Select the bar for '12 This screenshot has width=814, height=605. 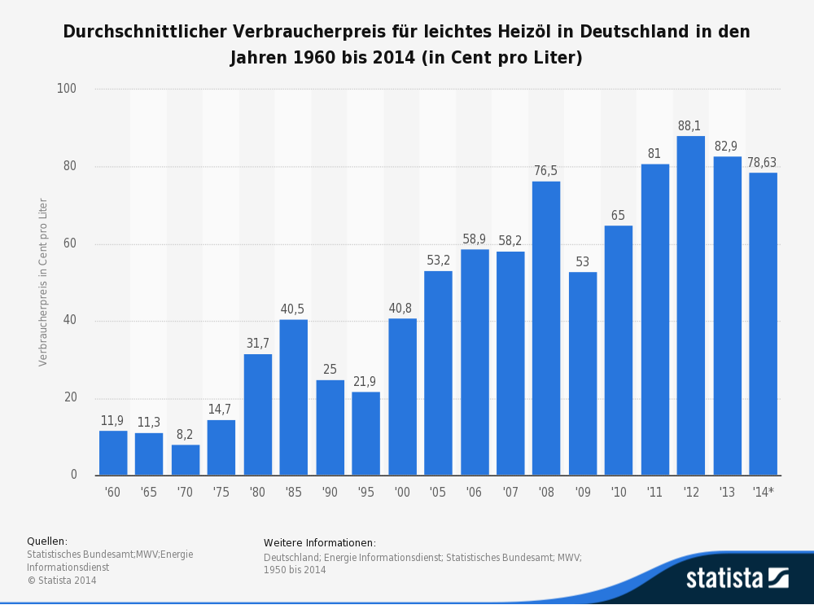coord(690,305)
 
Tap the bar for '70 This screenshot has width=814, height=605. coord(186,460)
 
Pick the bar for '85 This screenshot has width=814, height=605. coord(294,397)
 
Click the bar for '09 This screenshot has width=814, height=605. coord(582,374)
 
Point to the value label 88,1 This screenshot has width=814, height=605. coord(689,126)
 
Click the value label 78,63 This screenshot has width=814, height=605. coord(763,163)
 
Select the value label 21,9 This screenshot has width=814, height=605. coord(365,382)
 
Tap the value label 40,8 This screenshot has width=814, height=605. coord(402,309)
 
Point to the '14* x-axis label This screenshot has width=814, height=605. coord(763,492)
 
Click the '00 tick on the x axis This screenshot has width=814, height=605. coord(402,492)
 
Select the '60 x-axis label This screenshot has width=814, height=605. coord(113,492)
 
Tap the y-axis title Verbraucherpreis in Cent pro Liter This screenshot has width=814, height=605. coord(43,282)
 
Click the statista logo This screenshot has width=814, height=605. coord(737,578)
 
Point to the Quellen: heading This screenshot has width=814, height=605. coord(47,541)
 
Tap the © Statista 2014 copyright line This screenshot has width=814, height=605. coord(62,581)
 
